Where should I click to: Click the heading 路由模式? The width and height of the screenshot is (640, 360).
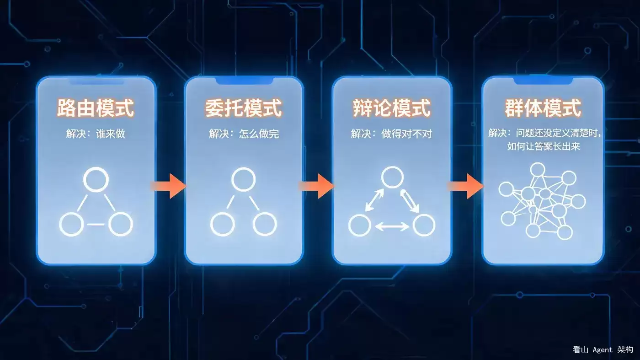tap(96, 108)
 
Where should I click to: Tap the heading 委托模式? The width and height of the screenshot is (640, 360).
tap(243, 108)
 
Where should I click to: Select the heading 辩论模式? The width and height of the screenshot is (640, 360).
tap(392, 108)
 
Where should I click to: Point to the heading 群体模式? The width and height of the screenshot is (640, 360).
tap(543, 108)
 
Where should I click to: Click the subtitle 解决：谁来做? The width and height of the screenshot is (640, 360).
tap(96, 134)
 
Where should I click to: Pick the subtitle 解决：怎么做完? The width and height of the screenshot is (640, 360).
tap(244, 134)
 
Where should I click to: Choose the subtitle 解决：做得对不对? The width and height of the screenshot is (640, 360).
tap(391, 134)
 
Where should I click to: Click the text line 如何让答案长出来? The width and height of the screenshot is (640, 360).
tap(544, 146)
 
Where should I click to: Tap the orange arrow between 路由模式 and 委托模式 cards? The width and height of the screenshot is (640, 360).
tap(169, 186)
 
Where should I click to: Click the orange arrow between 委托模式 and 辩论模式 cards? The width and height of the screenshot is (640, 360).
tap(316, 186)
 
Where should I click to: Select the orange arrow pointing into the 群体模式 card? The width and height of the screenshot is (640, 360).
tap(465, 186)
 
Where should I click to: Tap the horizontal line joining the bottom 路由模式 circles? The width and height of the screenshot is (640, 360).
tap(96, 225)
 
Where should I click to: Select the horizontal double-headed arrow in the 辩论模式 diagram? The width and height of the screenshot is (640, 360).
tap(392, 227)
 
